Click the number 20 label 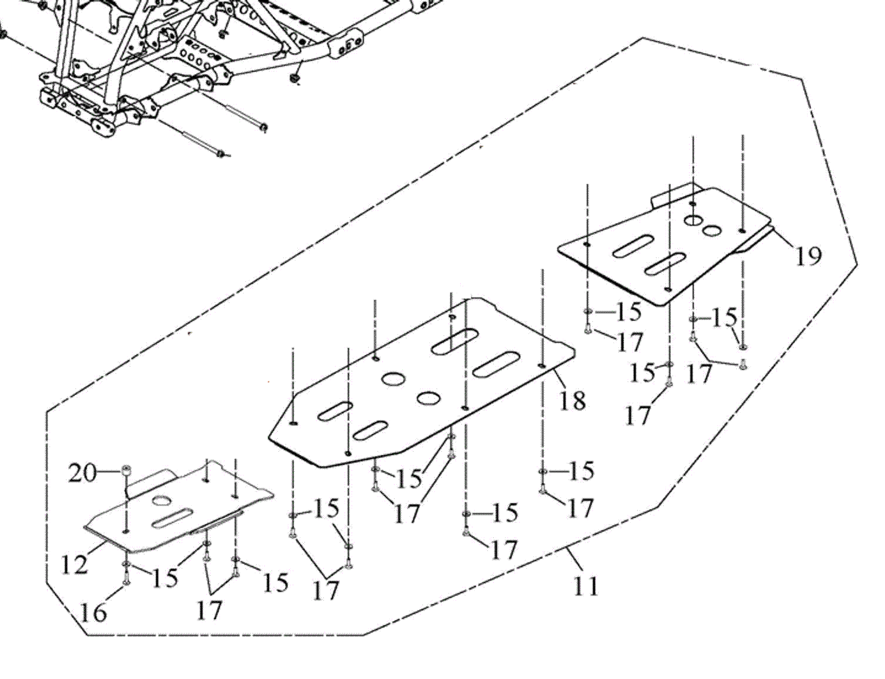click(82, 474)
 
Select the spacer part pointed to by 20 click(125, 470)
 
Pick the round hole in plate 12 click(162, 501)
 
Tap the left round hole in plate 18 click(393, 379)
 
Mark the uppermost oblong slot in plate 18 click(454, 341)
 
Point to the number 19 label click(808, 256)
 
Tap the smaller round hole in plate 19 click(712, 231)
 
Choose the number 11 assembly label click(586, 586)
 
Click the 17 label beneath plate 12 click(209, 611)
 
